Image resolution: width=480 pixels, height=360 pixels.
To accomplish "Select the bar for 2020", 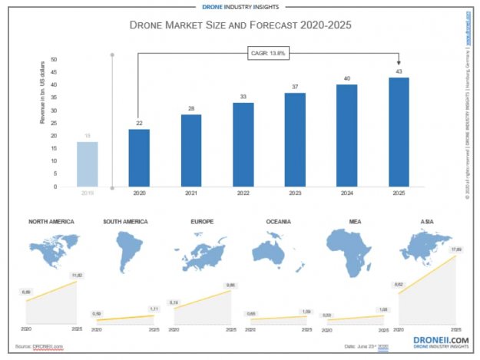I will [139, 157].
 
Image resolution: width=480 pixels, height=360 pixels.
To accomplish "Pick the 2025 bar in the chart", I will [398, 131].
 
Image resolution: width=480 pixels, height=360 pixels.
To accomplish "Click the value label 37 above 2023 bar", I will [296, 87].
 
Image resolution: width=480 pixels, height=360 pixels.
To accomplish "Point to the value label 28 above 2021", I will [191, 108].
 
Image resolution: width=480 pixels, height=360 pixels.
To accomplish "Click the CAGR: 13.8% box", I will [268, 53].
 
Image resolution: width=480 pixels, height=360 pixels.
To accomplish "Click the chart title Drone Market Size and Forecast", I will [240, 25].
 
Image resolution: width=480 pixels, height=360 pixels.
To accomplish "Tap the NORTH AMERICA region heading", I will [51, 222].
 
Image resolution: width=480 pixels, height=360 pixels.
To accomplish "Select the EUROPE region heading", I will [201, 222].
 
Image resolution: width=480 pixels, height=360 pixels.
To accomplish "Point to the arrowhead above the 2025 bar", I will [398, 64].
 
